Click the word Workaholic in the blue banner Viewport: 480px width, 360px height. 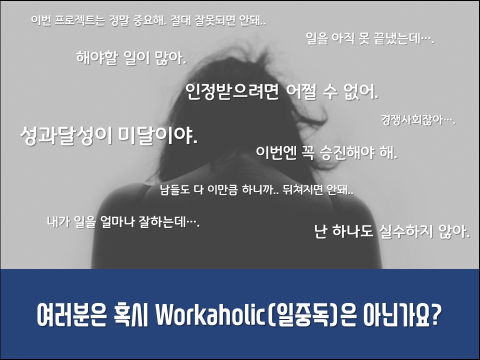coord(210,314)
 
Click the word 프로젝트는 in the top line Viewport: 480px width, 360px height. coord(80,20)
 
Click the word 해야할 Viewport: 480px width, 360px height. coord(96,57)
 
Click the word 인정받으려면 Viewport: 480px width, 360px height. coord(232,91)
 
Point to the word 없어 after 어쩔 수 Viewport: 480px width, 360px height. coord(360,91)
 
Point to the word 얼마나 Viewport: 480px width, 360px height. coord(117,221)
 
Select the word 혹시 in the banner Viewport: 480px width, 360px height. coord(131,314)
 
